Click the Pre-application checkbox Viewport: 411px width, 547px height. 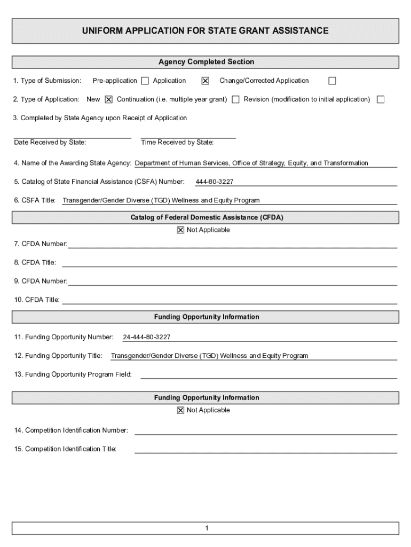point(145,81)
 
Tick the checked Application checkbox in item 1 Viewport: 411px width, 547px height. point(205,81)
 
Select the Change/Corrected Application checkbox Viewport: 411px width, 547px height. point(332,81)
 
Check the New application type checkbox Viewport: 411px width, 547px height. point(108,99)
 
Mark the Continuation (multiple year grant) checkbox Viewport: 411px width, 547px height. point(235,99)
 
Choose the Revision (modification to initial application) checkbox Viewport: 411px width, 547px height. point(381,99)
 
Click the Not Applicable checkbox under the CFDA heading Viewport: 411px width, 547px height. point(180,230)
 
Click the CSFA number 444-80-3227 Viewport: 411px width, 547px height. point(214,182)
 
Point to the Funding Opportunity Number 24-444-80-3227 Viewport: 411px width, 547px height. point(147,338)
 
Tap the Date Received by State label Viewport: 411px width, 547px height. point(50,143)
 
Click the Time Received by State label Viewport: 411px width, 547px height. point(177,143)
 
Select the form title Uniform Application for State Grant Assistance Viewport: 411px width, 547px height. point(205,31)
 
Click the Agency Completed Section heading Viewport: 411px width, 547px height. point(206,62)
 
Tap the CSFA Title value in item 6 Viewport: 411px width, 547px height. point(161,201)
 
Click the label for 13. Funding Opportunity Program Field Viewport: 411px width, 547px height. point(73,374)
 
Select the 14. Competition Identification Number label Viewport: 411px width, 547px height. point(72,431)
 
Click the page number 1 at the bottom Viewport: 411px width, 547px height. point(206,529)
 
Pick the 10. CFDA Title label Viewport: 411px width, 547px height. point(37,300)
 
